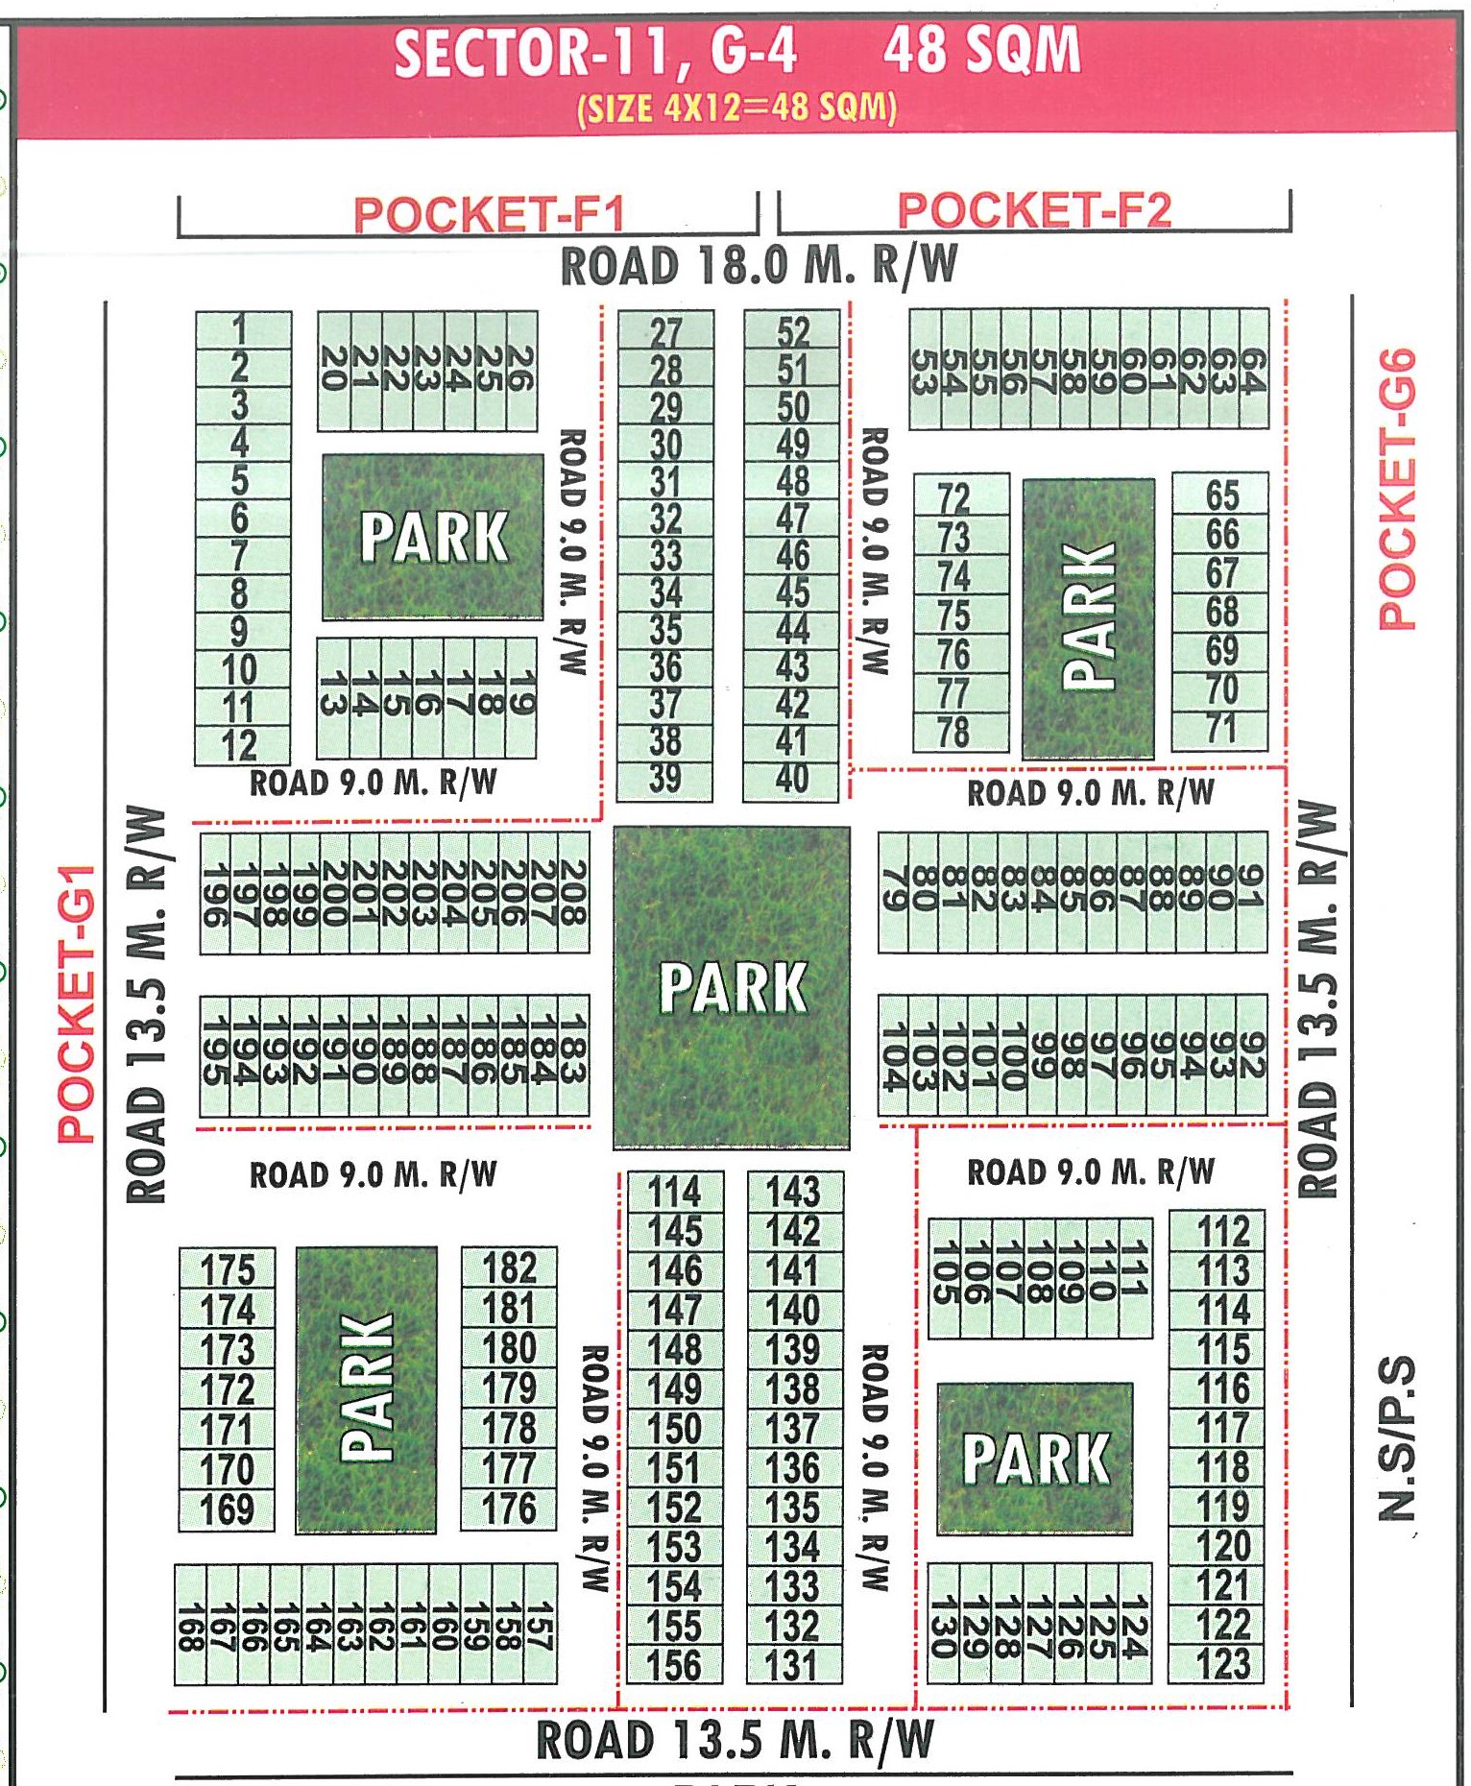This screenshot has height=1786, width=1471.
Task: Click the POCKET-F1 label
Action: [489, 213]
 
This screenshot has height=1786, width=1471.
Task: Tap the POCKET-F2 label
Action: [1034, 210]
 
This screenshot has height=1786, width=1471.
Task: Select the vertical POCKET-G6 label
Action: [1397, 489]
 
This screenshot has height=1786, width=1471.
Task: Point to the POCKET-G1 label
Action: [77, 1003]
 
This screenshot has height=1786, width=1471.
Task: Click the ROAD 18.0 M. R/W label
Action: [759, 265]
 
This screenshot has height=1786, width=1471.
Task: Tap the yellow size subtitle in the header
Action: [736, 108]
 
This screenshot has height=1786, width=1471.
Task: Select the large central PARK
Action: [732, 987]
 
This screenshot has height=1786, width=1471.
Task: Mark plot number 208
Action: [573, 892]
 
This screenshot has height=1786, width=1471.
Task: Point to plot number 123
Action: [1223, 1664]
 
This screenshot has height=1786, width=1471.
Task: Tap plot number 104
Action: [894, 1056]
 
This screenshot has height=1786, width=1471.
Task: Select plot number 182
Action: [509, 1267]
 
